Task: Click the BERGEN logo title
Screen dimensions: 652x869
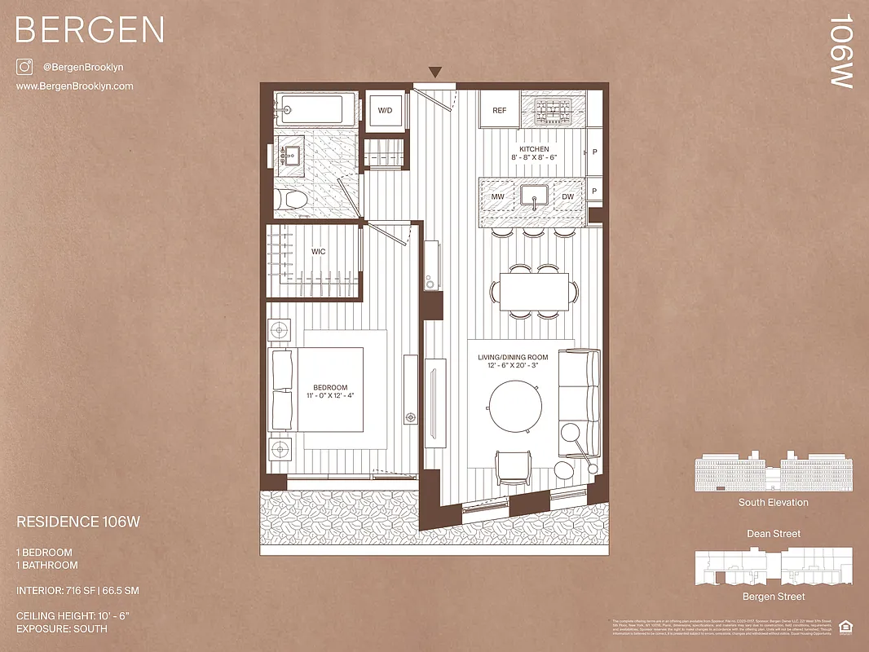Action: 90,30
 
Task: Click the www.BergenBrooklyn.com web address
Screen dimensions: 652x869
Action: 75,86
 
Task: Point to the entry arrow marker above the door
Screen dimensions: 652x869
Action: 436,73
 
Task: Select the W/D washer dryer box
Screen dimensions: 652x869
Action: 385,110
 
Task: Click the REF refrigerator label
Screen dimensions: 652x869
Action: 499,110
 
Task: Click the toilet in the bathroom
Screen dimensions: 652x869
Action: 290,199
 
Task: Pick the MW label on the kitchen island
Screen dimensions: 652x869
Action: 497,197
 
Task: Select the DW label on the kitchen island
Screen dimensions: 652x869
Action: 567,197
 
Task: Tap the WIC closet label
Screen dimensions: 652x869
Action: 318,252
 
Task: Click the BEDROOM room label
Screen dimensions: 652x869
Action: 330,387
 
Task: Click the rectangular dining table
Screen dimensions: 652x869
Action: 533,291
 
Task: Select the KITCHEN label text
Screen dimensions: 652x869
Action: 534,149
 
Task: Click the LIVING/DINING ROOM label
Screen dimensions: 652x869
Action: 518,358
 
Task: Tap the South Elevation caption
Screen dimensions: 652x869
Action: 773,502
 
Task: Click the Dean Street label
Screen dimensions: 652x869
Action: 773,534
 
